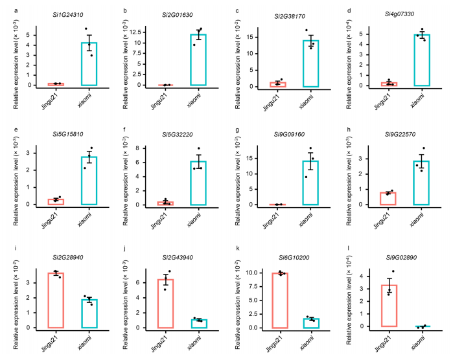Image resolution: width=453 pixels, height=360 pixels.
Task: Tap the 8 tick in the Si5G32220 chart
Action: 148,148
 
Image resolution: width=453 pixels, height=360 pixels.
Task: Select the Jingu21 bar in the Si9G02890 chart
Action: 389,305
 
